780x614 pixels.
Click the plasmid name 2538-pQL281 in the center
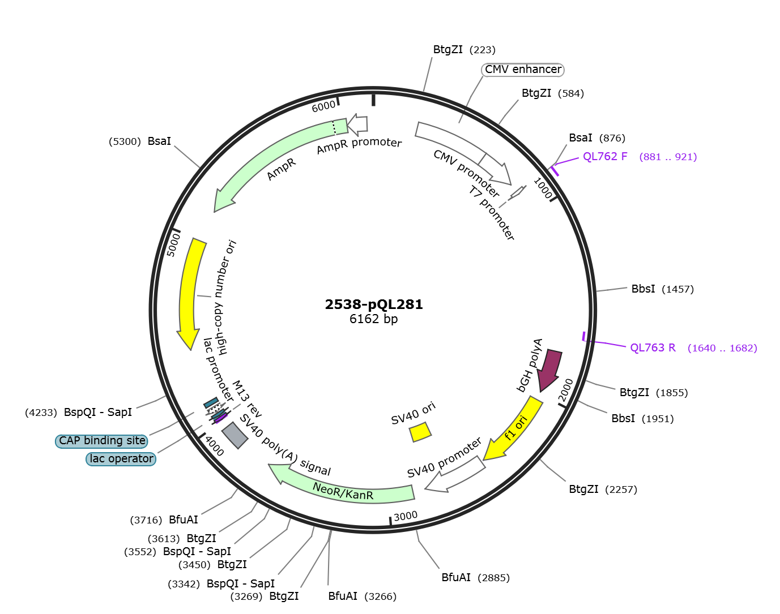[374, 304]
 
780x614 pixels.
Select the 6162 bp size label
[374, 319]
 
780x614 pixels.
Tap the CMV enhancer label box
[523, 70]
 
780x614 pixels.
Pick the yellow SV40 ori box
[420, 432]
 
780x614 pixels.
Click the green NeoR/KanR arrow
[340, 486]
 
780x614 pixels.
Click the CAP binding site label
[102, 441]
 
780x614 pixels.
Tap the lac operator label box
[121, 459]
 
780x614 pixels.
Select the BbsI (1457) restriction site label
[663, 289]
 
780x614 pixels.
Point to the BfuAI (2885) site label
[476, 577]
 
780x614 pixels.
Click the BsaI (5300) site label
[139, 141]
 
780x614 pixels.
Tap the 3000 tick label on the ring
[406, 516]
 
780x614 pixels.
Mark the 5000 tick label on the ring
[173, 245]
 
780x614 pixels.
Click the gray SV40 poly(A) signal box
[235, 435]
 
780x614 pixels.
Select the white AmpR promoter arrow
[358, 124]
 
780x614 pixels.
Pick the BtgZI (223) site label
[464, 50]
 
